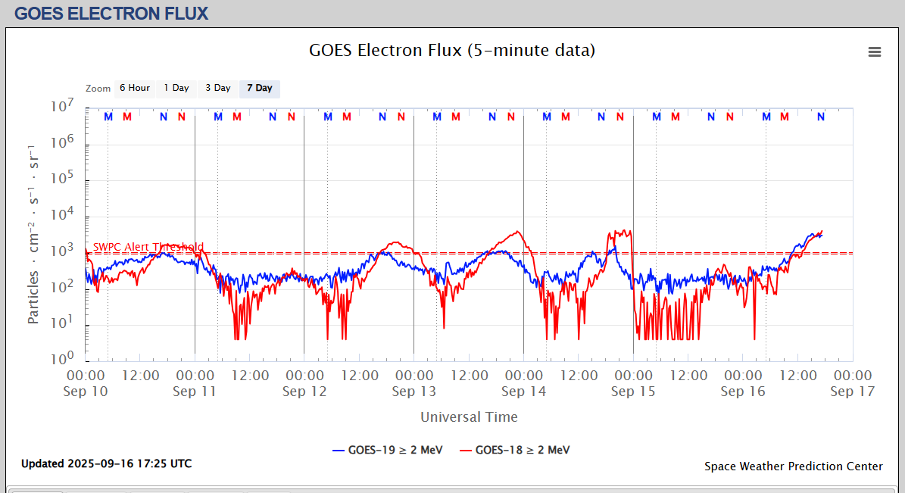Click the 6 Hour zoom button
134,89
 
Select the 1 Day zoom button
176,89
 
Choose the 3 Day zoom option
218,89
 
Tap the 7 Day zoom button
260,89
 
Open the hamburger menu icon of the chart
875,51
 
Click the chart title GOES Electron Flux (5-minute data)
452,51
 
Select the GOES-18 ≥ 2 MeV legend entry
514,450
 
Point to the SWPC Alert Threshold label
148,247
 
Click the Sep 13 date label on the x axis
413,392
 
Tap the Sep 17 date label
852,392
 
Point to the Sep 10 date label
86,392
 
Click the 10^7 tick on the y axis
64,107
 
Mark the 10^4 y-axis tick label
64,216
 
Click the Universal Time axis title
469,417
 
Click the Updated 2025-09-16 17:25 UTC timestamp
106,463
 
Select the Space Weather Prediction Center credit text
793,466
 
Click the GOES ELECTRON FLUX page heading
111,14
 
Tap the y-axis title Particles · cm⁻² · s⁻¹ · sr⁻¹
34,233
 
